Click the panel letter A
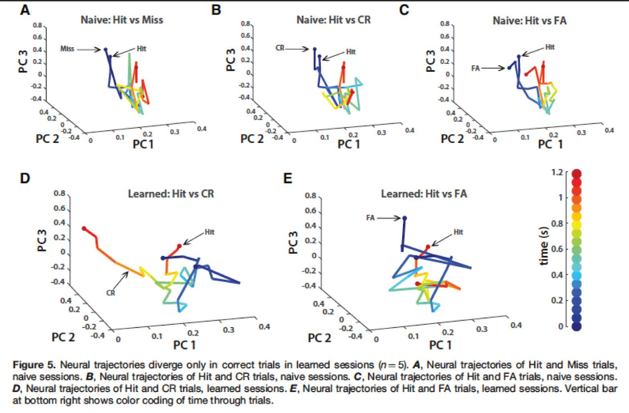tap(25, 10)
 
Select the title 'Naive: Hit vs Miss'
tap(122, 20)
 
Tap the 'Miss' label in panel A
tap(67, 49)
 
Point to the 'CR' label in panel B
tap(280, 47)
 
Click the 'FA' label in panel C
tap(476, 68)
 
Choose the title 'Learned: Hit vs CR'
tap(171, 193)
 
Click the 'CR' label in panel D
tap(111, 293)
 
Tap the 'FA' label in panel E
tap(371, 218)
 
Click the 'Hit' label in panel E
tap(458, 232)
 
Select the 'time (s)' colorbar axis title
tap(545, 246)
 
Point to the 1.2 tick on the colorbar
tap(557, 172)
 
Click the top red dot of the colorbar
tap(577, 174)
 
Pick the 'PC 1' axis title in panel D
tap(184, 345)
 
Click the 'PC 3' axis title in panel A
tap(23, 62)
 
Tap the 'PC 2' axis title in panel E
tap(319, 338)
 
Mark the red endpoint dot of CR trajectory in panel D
tap(84, 228)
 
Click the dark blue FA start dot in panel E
tap(404, 218)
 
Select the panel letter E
tap(288, 178)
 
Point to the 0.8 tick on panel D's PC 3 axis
tap(59, 193)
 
